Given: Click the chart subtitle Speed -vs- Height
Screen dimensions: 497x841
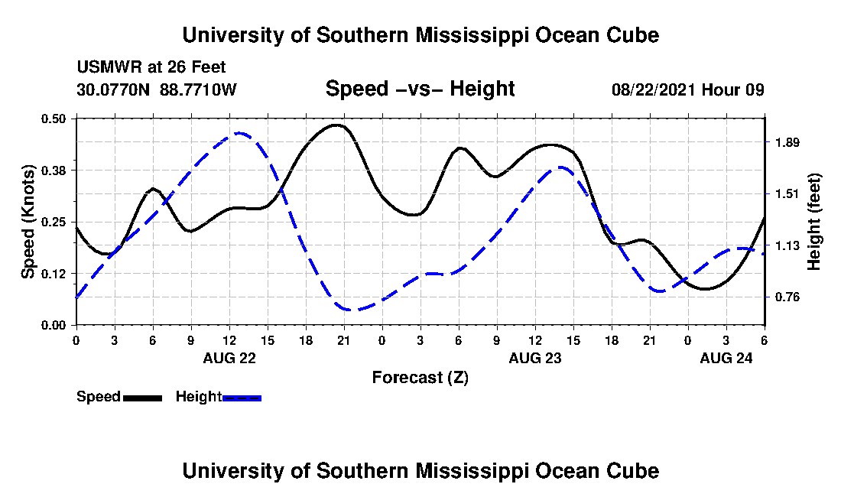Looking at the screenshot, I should click(420, 89).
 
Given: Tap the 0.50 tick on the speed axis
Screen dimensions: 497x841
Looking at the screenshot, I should click(57, 119).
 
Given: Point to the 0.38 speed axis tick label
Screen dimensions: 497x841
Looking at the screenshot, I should click(57, 170).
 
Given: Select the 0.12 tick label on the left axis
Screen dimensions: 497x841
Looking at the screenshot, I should click(57, 274).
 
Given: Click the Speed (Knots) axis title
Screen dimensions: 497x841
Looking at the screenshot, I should click(28, 221).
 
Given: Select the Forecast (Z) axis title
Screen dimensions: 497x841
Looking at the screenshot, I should click(420, 377).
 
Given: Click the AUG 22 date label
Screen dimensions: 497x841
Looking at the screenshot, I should click(229, 358).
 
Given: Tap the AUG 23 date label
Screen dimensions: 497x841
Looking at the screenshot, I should click(534, 358).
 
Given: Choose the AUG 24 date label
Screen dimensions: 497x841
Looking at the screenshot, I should click(726, 358).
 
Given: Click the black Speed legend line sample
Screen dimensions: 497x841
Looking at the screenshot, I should click(142, 398).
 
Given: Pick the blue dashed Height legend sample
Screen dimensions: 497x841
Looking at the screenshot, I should click(242, 398).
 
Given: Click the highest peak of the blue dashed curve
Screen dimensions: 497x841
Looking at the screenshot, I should click(239, 133).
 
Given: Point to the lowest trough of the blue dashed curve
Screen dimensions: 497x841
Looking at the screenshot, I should click(349, 310).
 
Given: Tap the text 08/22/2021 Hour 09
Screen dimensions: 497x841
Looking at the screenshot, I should click(688, 89).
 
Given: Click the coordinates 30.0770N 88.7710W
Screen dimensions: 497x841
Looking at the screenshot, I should click(157, 89).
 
